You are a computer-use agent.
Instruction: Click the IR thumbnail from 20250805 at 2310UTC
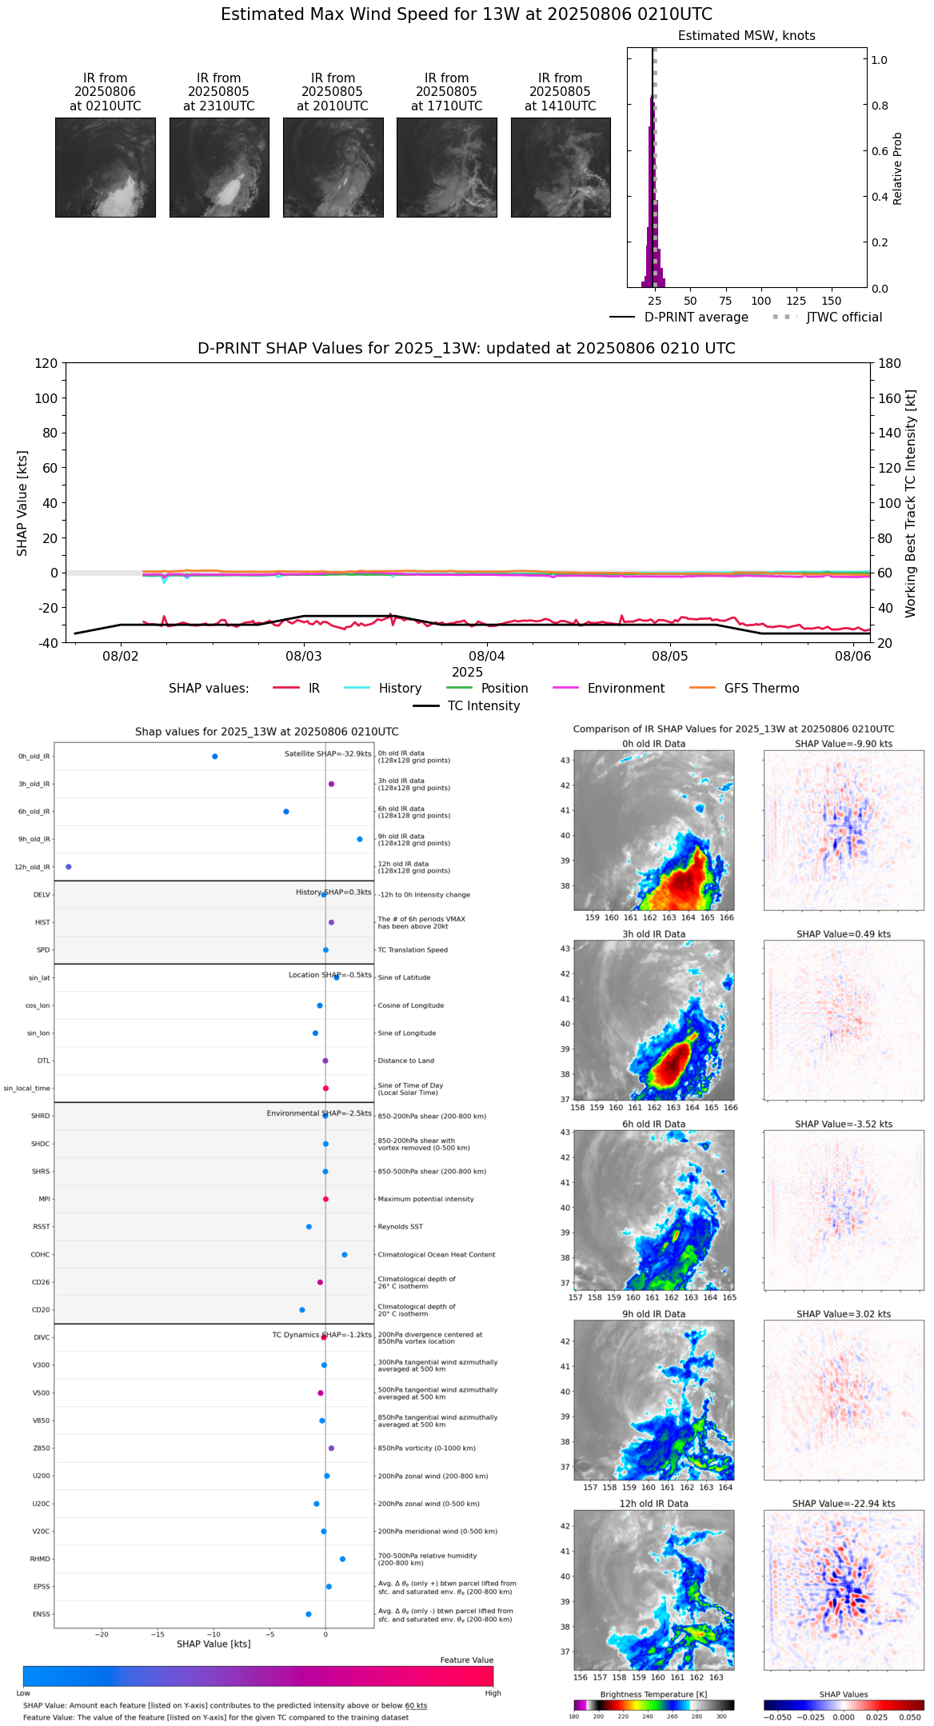click(219, 167)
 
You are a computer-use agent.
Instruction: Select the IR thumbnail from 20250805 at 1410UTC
click(561, 167)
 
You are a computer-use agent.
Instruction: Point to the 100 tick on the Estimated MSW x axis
click(761, 301)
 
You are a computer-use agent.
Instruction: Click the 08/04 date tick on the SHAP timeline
click(487, 657)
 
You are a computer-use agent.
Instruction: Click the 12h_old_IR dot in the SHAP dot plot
click(69, 867)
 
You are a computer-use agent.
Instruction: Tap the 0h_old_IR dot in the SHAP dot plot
click(215, 757)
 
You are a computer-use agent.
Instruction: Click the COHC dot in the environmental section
click(345, 1255)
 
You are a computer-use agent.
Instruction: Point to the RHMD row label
click(40, 1559)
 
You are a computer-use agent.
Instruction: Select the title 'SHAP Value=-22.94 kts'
click(844, 1504)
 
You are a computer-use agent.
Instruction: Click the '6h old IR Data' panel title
click(653, 1125)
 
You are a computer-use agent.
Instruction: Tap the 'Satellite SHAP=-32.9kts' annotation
click(328, 754)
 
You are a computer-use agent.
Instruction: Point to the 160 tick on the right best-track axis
click(890, 398)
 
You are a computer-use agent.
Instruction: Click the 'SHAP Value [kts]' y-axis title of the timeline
click(22, 503)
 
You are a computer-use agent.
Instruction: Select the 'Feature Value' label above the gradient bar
click(466, 1660)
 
